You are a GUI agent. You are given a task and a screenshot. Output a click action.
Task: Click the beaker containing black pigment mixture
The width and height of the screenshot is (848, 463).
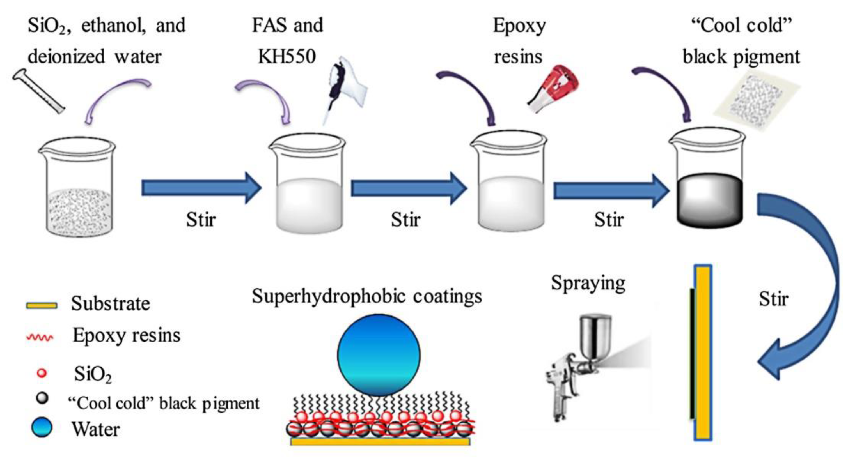[708, 184]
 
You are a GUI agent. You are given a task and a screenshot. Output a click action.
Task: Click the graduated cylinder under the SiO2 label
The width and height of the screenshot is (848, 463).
[38, 91]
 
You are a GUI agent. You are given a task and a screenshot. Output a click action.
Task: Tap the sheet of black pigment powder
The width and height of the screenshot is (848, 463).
[757, 102]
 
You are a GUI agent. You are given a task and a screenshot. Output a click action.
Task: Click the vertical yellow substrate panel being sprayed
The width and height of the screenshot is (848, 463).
[703, 352]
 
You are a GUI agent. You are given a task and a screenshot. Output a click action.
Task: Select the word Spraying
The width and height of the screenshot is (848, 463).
[588, 284]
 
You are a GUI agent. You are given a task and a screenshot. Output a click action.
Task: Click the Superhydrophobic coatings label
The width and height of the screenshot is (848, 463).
[367, 296]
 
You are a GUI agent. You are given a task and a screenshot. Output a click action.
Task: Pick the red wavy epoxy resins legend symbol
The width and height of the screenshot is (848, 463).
[40, 338]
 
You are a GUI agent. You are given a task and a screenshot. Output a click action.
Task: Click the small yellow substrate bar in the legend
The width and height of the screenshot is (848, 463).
[42, 305]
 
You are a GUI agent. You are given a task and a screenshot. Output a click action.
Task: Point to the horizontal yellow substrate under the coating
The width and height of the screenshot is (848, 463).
[380, 441]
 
